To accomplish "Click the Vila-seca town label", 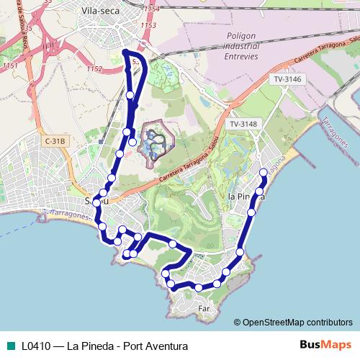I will (100, 11).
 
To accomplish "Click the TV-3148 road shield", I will (243, 125).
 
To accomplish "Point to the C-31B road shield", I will (55, 142).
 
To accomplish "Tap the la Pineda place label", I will (245, 196).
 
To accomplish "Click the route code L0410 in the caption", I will (35, 346).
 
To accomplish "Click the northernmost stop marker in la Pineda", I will (264, 172).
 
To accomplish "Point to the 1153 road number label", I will (149, 25).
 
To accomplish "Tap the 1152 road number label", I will (94, 69).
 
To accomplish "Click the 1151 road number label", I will (9, 66).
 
